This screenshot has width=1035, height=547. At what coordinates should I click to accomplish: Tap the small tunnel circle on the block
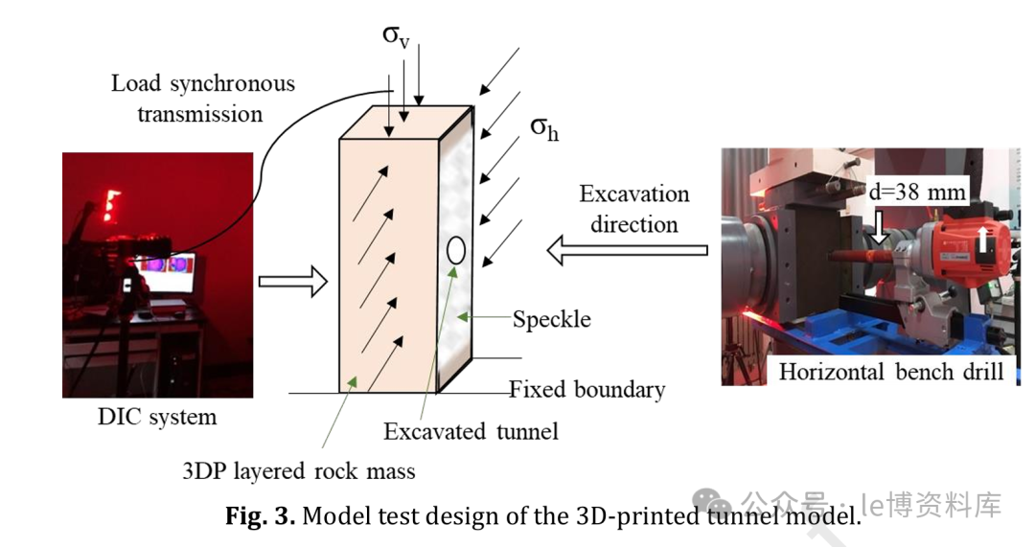pos(456,251)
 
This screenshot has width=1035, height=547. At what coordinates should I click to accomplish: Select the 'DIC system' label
pos(157,417)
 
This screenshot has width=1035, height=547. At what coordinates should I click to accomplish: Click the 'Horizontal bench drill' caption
pos(891,372)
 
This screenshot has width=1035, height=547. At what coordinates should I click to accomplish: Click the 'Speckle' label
pos(551,319)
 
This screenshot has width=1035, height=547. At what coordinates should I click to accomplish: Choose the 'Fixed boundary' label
pos(586,390)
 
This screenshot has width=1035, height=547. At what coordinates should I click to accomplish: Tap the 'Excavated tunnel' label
pos(471,431)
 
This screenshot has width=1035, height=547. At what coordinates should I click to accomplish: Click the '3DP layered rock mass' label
pos(299,470)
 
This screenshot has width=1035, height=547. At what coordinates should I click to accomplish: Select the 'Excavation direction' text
pos(634,209)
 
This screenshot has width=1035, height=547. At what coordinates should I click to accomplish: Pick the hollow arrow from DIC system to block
pos(292,281)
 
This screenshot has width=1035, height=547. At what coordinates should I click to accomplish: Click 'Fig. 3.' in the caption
pos(261,517)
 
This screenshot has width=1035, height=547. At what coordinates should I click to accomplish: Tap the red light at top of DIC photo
pos(111,201)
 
